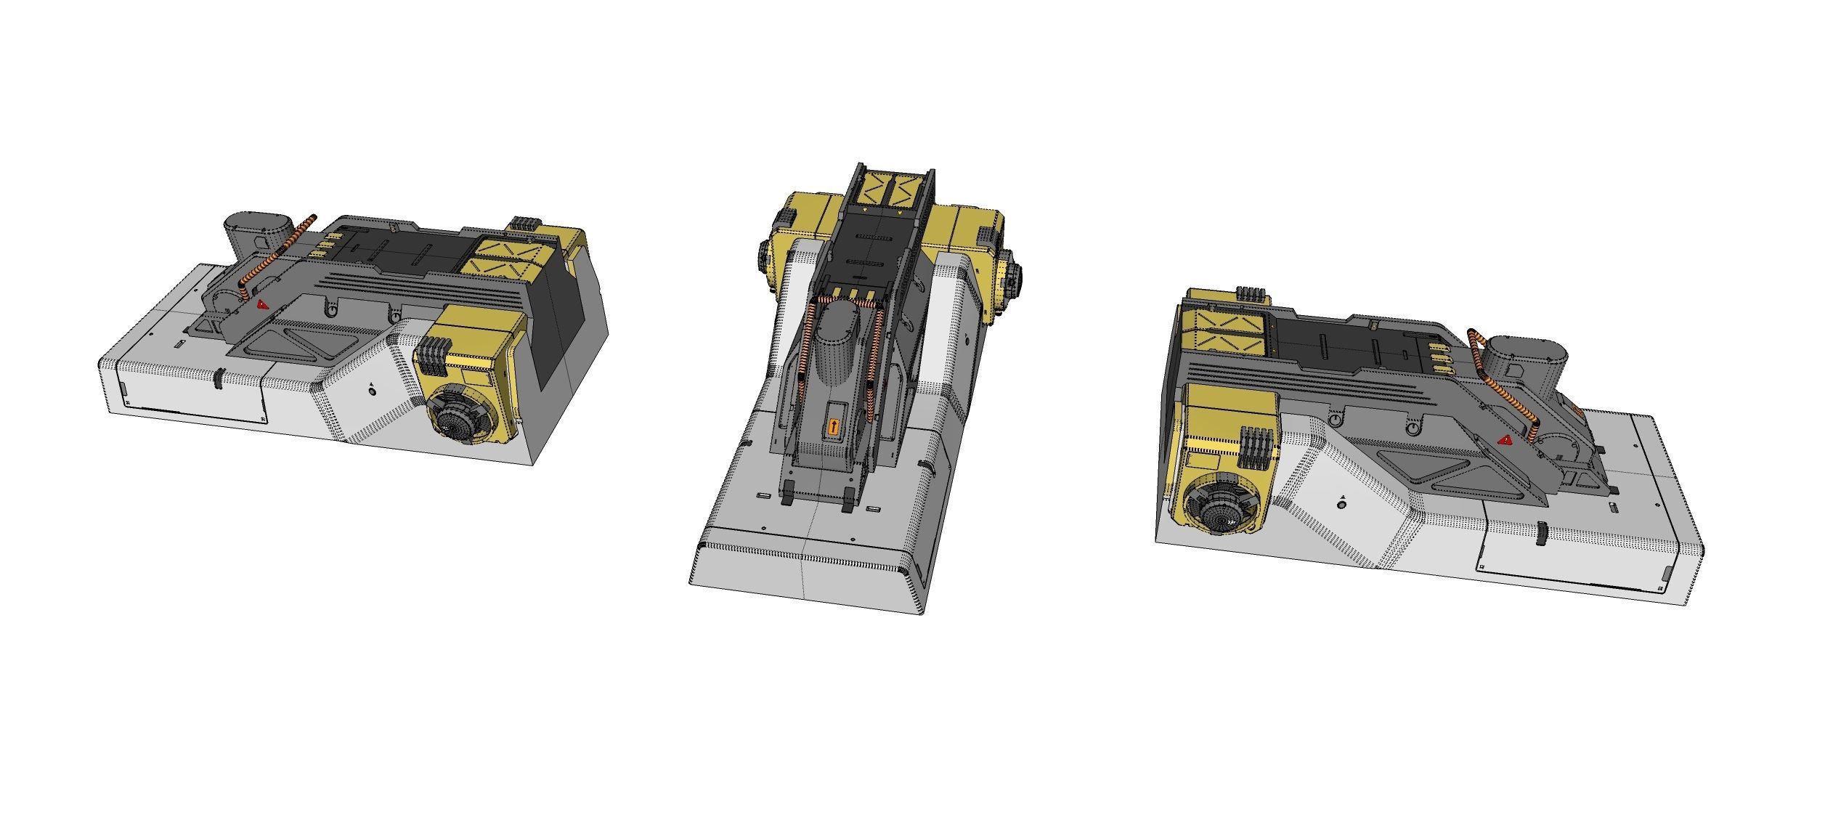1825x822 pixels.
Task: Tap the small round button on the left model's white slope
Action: point(373,391)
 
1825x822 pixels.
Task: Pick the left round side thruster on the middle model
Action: point(767,256)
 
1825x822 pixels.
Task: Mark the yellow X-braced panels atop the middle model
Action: point(892,189)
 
